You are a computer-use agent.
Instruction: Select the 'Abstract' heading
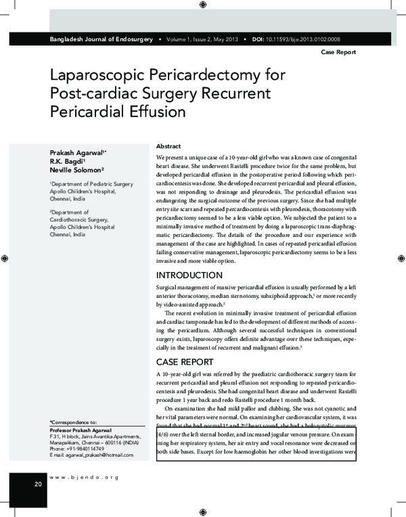(x=168, y=146)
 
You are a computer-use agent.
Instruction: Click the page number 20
(x=37, y=485)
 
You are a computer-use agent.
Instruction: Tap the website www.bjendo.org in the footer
(x=85, y=477)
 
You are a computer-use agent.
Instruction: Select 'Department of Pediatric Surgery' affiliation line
(x=88, y=183)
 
